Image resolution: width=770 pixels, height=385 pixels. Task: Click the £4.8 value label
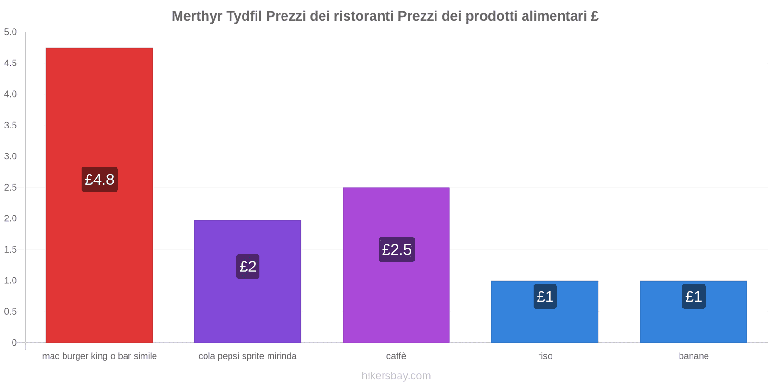tap(100, 180)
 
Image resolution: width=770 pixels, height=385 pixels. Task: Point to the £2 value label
tap(248, 266)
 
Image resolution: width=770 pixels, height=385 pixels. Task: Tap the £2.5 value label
tap(397, 249)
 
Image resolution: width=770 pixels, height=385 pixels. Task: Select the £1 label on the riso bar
tap(545, 296)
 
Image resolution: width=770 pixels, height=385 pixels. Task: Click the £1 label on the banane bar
tap(693, 296)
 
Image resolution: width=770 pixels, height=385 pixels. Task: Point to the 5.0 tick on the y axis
tap(11, 32)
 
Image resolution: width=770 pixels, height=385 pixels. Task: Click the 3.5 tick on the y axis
tap(11, 125)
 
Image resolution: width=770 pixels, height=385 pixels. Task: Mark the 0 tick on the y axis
tap(14, 343)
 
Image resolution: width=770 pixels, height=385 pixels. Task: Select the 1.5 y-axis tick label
tap(11, 249)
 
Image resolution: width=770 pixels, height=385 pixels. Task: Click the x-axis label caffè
tap(396, 356)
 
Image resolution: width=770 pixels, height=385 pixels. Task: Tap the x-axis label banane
tap(693, 356)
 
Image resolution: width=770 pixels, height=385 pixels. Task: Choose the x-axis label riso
tap(545, 356)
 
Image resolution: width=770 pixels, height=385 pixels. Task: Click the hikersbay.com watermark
tap(396, 376)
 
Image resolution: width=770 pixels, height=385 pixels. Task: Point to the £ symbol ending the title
tap(594, 16)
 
